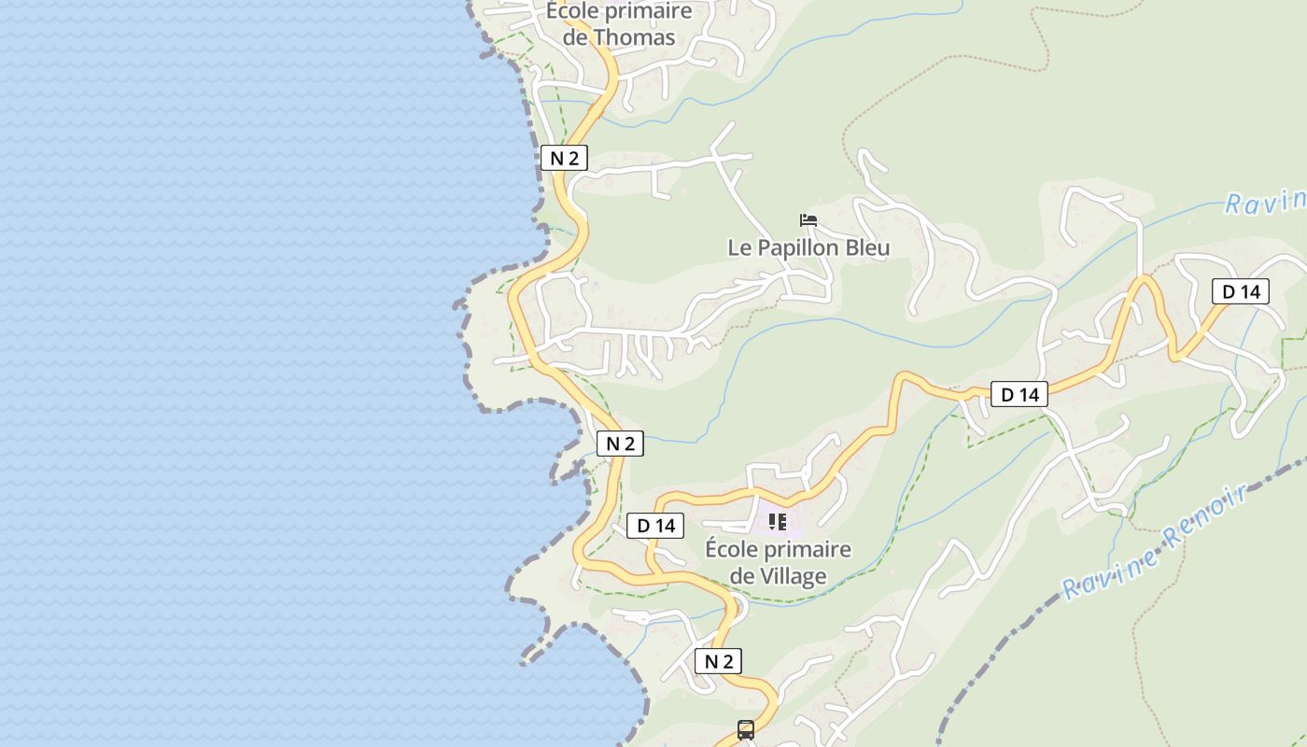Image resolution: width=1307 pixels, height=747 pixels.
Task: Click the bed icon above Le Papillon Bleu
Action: [808, 220]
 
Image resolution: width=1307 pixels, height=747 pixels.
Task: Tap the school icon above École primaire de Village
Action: [778, 521]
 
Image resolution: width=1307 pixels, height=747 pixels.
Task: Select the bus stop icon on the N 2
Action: [746, 730]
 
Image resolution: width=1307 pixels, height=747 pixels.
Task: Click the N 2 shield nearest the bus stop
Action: [718, 661]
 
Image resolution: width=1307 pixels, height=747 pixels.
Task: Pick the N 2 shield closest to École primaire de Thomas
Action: [564, 158]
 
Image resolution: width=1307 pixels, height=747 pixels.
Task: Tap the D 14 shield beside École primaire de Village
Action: [655, 526]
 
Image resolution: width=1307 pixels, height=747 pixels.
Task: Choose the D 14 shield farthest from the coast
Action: [1241, 291]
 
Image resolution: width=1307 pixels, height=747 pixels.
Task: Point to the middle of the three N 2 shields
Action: [620, 444]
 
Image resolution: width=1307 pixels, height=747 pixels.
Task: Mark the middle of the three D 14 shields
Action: [1019, 395]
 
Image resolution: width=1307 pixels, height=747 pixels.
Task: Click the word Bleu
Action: [865, 248]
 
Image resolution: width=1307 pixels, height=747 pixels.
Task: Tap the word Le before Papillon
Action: [739, 248]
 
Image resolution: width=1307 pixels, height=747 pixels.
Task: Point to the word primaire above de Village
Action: [804, 549]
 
